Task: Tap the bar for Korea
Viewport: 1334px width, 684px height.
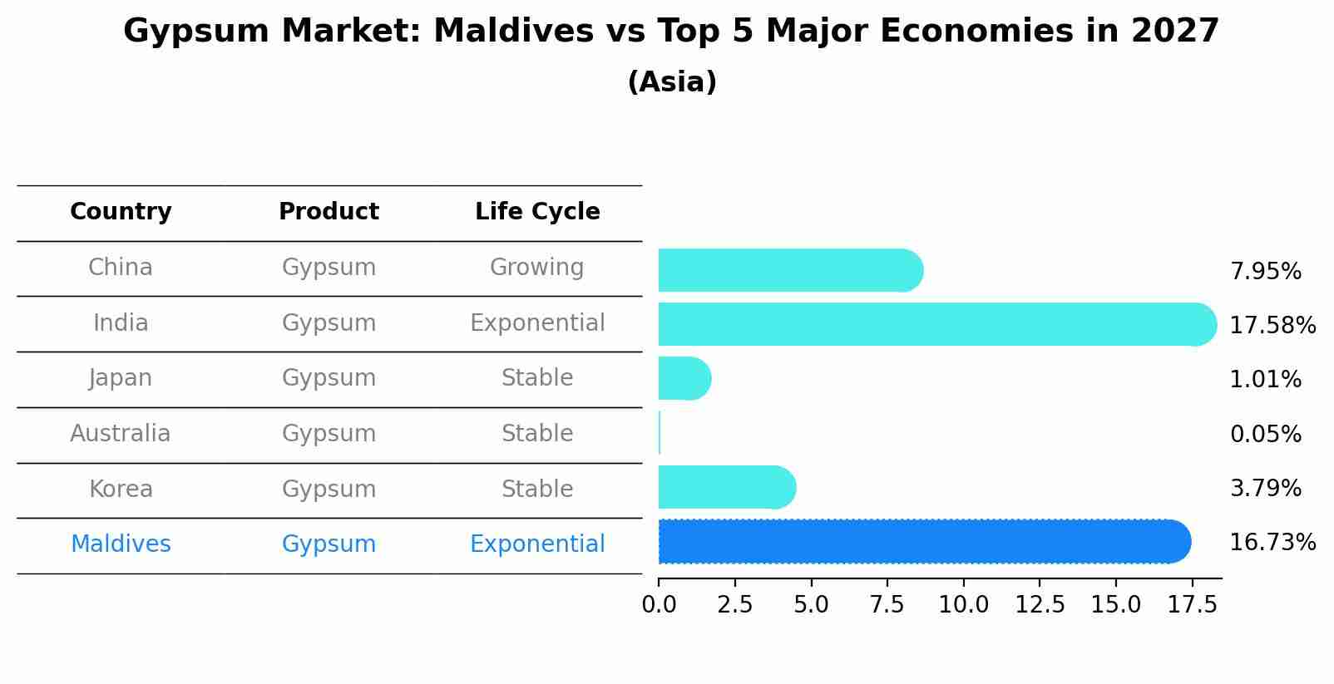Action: pos(726,487)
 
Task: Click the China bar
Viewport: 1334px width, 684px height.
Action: pos(790,270)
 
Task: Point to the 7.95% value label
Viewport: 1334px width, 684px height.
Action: pos(1265,272)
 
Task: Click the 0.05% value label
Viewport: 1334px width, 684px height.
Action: pos(1265,435)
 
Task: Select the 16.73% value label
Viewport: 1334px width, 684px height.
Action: pos(1272,543)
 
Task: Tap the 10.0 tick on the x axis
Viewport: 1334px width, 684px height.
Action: pos(963,605)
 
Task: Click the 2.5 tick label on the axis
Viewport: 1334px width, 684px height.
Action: pos(734,605)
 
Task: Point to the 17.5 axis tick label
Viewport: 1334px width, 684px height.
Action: pos(1192,605)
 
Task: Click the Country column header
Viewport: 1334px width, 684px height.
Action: pos(121,212)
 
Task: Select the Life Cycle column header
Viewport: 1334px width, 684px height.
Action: pos(537,212)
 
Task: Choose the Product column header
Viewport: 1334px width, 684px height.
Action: pos(329,212)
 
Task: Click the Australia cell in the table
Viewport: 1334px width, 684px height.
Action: pos(121,434)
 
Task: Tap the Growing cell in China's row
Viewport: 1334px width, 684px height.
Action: pos(537,268)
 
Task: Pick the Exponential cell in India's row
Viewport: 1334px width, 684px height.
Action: pos(537,323)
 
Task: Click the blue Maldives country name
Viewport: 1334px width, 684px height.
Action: pos(121,544)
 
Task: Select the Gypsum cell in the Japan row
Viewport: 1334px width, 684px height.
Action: pos(329,378)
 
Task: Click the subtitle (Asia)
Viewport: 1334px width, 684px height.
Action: pos(672,82)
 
